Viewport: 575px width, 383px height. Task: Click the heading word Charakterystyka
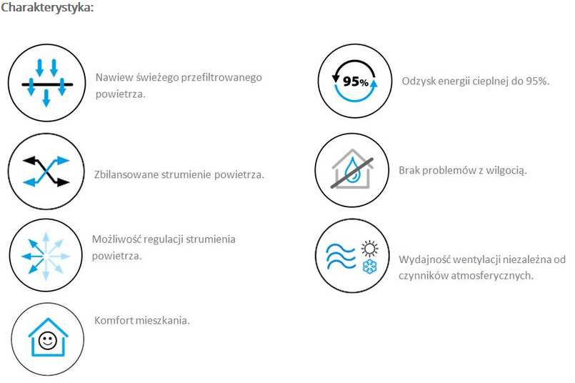pos(47,8)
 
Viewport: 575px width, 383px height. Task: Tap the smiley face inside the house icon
pos(48,340)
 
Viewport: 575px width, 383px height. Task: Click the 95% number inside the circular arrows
pos(355,81)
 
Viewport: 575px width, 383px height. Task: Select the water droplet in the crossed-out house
pos(353,170)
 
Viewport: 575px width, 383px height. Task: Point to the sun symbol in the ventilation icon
pos(370,249)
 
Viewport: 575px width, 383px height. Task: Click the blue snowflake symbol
pos(370,267)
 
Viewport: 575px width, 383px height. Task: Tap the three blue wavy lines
pos(341,256)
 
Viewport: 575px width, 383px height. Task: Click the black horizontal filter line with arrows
pos(47,84)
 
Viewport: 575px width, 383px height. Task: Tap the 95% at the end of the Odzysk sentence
pos(538,81)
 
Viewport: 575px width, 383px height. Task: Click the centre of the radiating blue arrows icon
pos(46,256)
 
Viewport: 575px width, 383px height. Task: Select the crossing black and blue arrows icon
pos(46,171)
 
